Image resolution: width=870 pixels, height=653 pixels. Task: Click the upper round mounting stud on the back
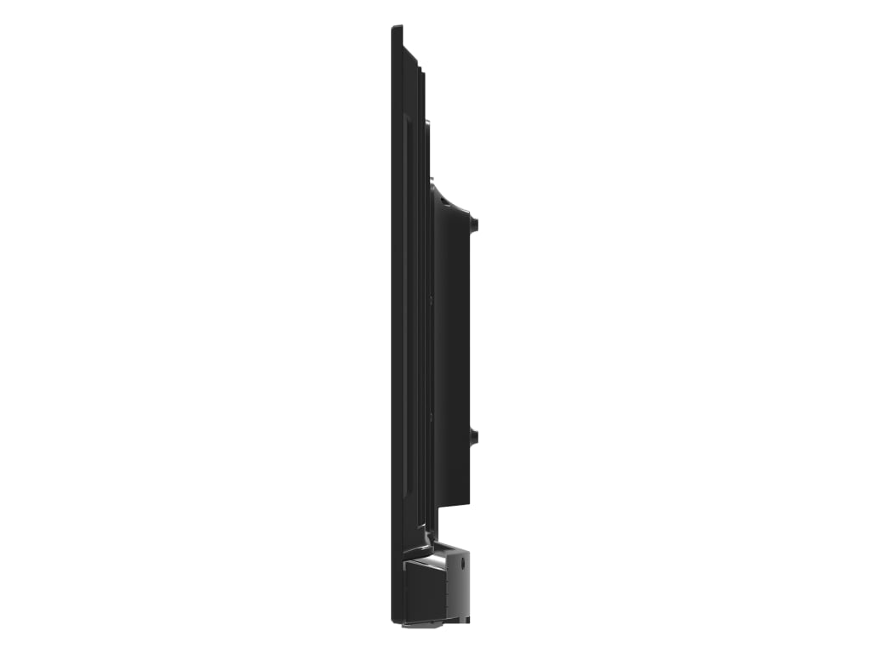[x=474, y=224]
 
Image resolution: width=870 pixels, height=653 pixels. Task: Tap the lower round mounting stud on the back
[x=474, y=437]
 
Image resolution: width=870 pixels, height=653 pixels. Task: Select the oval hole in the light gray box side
[x=461, y=559]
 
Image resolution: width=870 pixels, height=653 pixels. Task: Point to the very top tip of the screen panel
[x=396, y=28]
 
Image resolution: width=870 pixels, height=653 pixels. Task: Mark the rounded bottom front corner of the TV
[x=395, y=620]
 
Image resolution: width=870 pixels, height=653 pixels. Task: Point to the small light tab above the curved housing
[x=432, y=180]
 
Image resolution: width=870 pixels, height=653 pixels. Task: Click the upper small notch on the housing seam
[x=432, y=298]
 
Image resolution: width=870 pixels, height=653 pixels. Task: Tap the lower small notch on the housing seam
[x=432, y=416]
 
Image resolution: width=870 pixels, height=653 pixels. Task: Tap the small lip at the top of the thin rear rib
[x=427, y=123]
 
